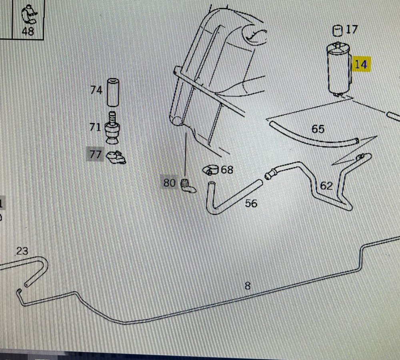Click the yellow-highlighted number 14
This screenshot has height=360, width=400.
pos(361,64)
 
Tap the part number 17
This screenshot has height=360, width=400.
pos(352,30)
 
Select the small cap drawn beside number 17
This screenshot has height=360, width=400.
pos(338,31)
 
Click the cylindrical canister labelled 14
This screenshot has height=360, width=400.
pos(339,69)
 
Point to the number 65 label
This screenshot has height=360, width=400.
pos(318,129)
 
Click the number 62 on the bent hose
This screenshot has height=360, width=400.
pos(326,186)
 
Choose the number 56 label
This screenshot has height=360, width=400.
pos(251,203)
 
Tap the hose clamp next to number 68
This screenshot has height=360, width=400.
pos(211,170)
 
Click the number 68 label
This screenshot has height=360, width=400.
pos(227,170)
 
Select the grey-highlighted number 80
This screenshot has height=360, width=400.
pos(169,183)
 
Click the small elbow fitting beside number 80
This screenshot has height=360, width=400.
pos(188,186)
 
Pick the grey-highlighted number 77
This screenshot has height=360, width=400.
pos(96,154)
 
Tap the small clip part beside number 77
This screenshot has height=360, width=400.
pos(116,158)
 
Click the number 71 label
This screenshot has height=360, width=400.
pos(95,127)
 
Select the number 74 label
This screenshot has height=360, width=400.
pos(96,90)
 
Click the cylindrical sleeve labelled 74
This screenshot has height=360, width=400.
pos(113,92)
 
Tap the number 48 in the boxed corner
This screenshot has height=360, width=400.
pos(28,31)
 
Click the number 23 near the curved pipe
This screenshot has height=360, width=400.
pos(22,251)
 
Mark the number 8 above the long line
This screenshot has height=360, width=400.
pos(248,286)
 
